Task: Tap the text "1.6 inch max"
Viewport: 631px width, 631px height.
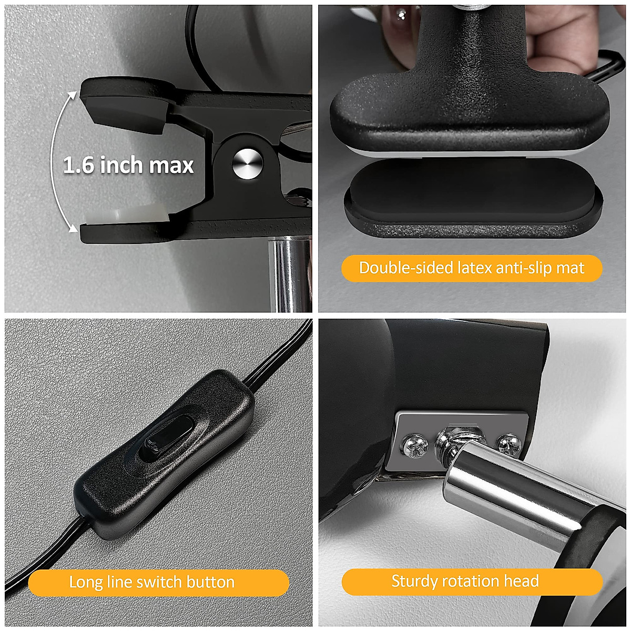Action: (128, 165)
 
